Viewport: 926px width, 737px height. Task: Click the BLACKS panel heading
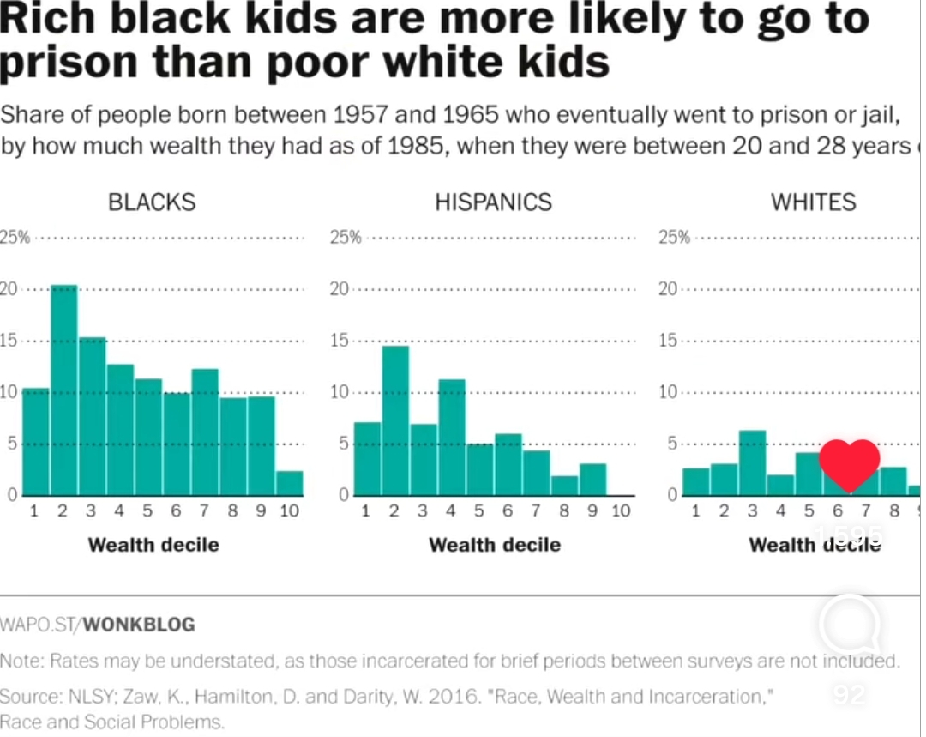click(x=152, y=202)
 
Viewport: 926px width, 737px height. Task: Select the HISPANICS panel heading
click(x=493, y=202)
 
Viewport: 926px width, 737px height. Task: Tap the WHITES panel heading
click(x=813, y=202)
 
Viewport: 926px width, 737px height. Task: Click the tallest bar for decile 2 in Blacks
click(x=63, y=390)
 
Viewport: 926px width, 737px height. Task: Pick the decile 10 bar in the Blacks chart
click(x=290, y=483)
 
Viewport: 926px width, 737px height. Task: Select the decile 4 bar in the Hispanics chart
click(x=452, y=438)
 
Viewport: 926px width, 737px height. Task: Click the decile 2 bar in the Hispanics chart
click(x=395, y=420)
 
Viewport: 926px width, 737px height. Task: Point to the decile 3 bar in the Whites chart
click(x=752, y=463)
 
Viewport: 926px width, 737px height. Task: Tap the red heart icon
click(x=850, y=464)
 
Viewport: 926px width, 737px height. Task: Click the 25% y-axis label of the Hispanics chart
click(x=346, y=238)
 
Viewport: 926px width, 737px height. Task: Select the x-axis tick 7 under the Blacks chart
click(x=204, y=511)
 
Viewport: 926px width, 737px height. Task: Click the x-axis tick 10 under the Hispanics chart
click(x=621, y=511)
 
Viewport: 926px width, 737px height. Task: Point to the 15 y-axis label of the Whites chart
click(x=669, y=341)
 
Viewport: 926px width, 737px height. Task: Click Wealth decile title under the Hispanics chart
click(x=495, y=545)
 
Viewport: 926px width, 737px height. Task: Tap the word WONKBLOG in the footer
click(x=141, y=625)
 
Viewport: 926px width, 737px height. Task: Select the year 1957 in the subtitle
click(x=358, y=115)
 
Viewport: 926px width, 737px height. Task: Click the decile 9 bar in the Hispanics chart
click(x=592, y=480)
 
